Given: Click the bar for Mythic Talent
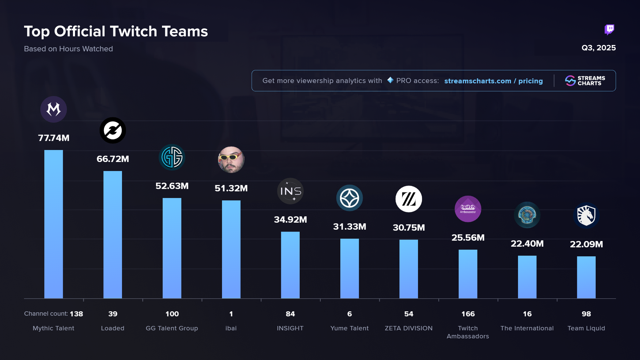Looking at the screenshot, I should coord(53,224).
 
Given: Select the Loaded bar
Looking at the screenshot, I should coord(113,235).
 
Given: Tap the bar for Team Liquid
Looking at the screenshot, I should coord(586,277).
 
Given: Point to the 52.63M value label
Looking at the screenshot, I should coord(172,186).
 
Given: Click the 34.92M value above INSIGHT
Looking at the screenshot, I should coord(290,220).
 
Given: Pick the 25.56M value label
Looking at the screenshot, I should coord(468,238).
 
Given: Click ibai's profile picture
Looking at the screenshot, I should coord(231,160).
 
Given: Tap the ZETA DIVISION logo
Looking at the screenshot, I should coord(409,199).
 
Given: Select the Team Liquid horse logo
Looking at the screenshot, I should coord(586,215).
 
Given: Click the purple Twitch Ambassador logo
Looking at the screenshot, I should coord(468,209).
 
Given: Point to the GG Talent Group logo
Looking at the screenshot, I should coord(172,157).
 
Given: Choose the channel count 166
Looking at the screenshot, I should coord(468,314).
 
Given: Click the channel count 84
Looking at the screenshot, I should coord(290,314).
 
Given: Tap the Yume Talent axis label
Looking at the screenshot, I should coord(349,328).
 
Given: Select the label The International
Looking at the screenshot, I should coord(527,328).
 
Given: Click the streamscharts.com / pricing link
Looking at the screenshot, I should coord(493,81).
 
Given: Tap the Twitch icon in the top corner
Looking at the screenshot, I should coord(609,30).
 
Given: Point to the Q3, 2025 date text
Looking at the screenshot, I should coord(599,48).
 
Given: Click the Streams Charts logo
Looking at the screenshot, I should coord(585,81).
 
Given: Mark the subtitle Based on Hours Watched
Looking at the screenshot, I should coord(68,49).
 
